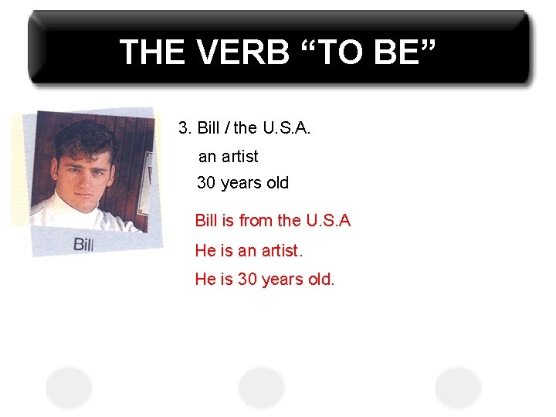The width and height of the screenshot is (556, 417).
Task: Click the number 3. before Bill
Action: click(x=185, y=128)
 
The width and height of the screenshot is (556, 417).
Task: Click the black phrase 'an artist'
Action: click(x=229, y=157)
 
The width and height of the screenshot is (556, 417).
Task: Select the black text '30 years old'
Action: click(x=242, y=183)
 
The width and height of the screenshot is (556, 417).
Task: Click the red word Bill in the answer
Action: click(x=206, y=221)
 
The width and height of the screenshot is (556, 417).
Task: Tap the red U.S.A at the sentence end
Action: click(x=328, y=221)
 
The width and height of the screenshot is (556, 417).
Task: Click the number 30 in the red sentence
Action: click(x=247, y=280)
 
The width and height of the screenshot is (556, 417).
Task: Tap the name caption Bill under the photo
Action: click(x=83, y=245)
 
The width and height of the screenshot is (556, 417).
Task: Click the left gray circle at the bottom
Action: click(x=69, y=386)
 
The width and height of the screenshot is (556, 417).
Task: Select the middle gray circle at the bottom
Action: click(x=262, y=386)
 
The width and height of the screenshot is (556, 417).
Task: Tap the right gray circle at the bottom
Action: click(x=458, y=386)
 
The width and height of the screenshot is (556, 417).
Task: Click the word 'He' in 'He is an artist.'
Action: click(x=205, y=251)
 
